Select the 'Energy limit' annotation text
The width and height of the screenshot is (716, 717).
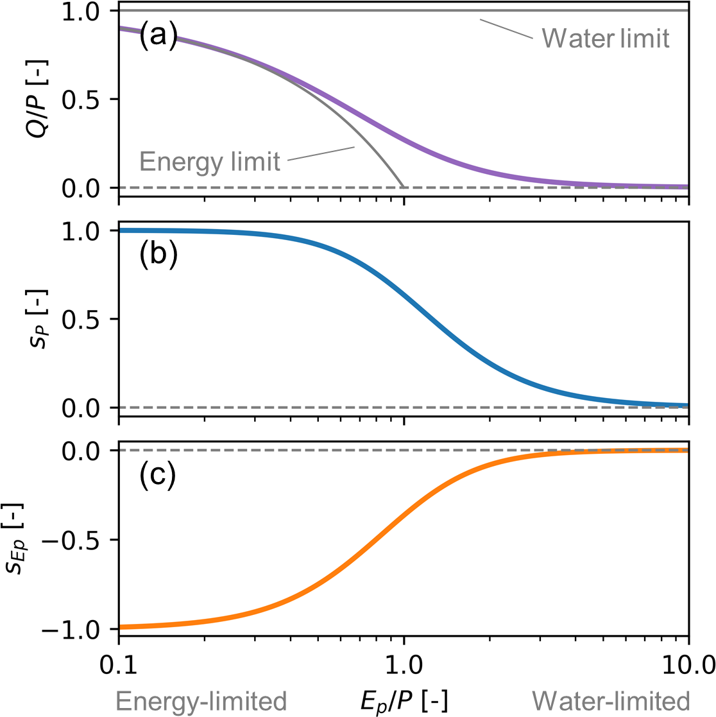pyautogui.click(x=210, y=161)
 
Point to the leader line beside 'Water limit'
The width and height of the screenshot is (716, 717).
pyautogui.click(x=507, y=29)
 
